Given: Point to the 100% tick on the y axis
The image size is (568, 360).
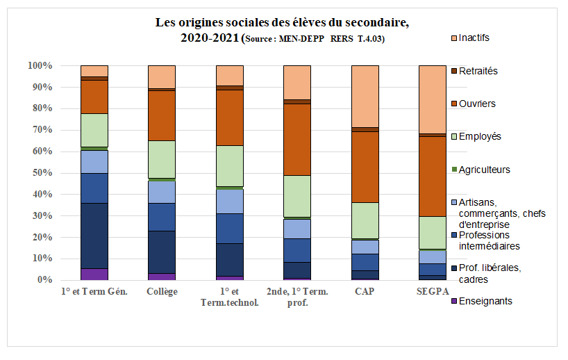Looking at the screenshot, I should coord(40,66).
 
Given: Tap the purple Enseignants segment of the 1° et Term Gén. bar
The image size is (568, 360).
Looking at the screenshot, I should coord(94,274).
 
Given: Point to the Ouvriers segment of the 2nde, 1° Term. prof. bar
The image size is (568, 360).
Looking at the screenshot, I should coord(297,139).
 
